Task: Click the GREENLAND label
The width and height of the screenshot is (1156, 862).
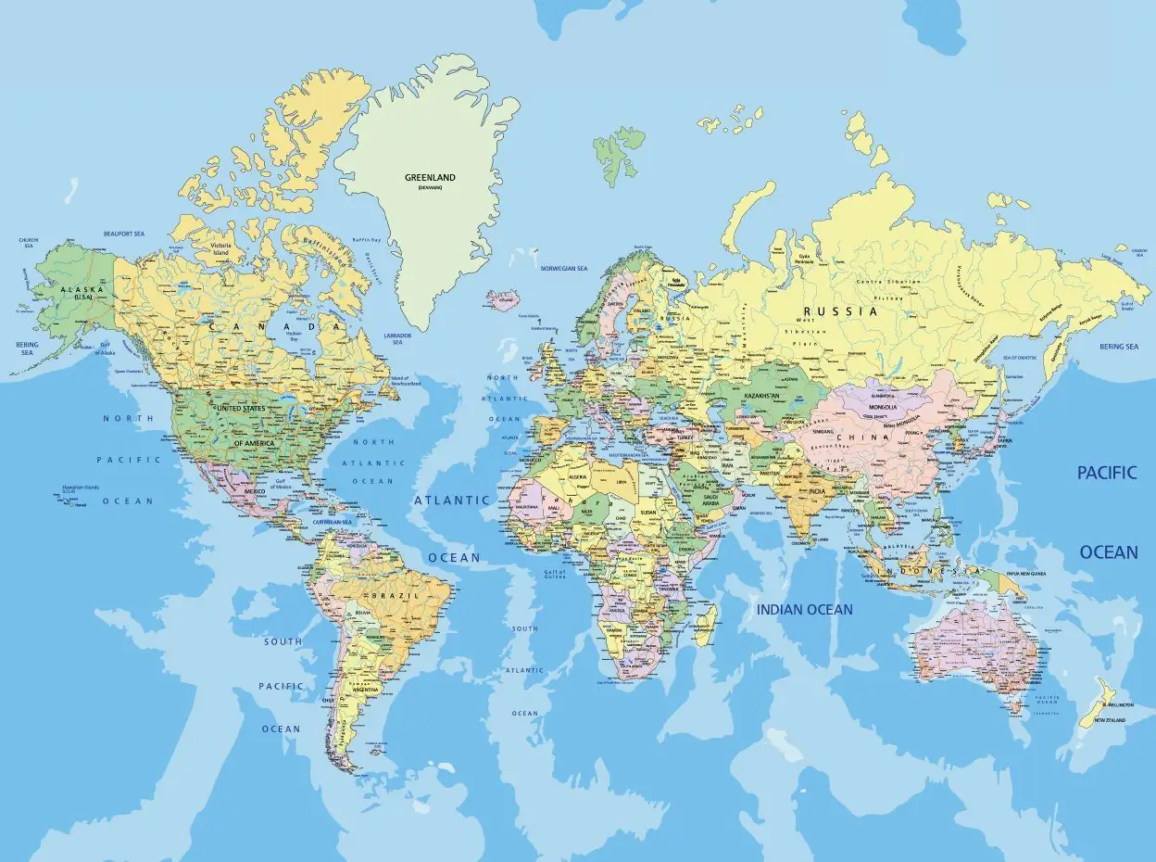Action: pyautogui.click(x=430, y=177)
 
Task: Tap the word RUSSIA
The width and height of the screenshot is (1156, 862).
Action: pyautogui.click(x=839, y=311)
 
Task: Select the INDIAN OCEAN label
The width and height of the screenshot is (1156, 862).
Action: pyautogui.click(x=804, y=609)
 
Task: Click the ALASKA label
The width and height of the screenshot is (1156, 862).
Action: pyautogui.click(x=74, y=289)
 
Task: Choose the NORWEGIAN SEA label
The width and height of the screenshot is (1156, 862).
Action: pyautogui.click(x=564, y=268)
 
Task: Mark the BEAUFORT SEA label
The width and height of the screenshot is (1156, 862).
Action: pyautogui.click(x=124, y=234)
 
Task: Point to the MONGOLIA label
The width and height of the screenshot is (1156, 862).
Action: pyautogui.click(x=883, y=406)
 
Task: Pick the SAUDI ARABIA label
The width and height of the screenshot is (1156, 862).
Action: pyautogui.click(x=710, y=499)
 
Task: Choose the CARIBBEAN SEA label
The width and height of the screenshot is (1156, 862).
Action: pyautogui.click(x=333, y=522)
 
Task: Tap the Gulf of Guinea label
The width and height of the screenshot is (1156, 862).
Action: pyautogui.click(x=555, y=575)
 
